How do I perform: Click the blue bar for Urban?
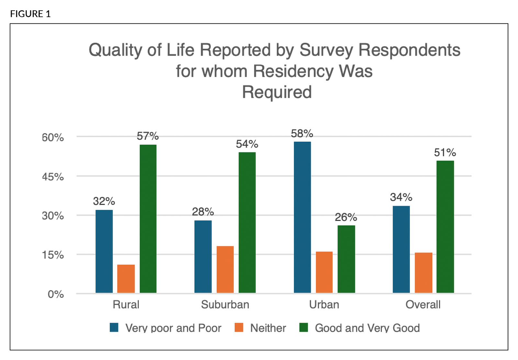point(302,217)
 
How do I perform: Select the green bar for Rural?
point(148,219)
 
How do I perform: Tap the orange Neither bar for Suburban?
point(225,269)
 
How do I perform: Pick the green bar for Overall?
point(445,227)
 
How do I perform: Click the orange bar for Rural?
point(126,279)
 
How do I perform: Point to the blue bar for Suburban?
point(203,256)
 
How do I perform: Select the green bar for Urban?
point(346,259)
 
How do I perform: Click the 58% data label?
point(302,133)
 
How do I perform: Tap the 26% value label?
point(346,217)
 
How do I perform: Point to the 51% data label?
point(445,152)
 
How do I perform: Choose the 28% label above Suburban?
point(203,212)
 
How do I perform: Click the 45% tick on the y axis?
point(53,177)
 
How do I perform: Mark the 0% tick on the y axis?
point(56,294)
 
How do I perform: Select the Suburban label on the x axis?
point(225,305)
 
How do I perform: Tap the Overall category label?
point(423,305)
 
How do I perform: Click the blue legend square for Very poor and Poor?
point(114,328)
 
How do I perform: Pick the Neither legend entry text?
point(268,328)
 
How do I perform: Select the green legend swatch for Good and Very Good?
point(303,328)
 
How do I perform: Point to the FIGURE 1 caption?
point(30,14)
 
